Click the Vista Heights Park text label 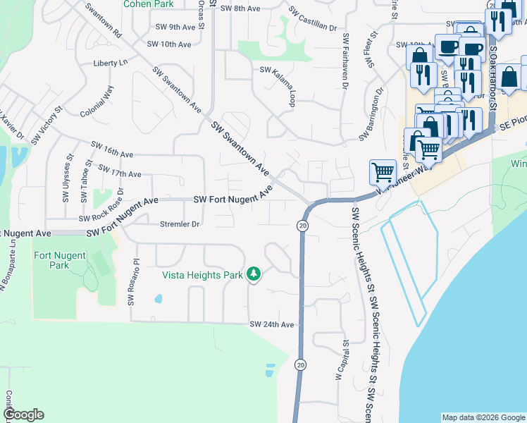tap(202, 275)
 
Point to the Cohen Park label tap(147, 4)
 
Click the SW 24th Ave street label tap(271, 324)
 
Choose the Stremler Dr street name tap(180, 224)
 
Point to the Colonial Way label tap(97, 102)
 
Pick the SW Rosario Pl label tap(130, 281)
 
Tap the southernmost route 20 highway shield tap(301, 364)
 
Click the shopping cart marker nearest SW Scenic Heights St tap(383, 171)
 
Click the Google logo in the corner tap(23, 415)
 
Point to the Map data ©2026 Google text tap(483, 417)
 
